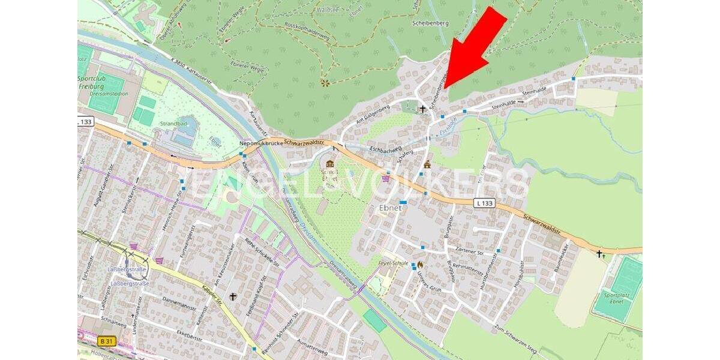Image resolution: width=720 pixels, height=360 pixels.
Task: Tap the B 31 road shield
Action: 106,341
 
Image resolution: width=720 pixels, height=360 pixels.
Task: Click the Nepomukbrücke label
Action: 260,144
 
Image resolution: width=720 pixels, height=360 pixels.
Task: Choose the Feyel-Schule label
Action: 394,263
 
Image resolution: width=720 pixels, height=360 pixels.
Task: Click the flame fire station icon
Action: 420,263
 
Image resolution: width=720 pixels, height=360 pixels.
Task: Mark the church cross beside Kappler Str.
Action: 233,296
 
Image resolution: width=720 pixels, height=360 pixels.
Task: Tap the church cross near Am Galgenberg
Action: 422,109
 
